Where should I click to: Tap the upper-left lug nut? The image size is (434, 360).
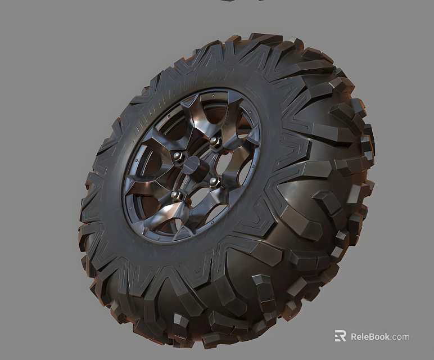pyautogui.click(x=178, y=157)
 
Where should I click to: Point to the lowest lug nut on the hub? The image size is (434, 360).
pyautogui.click(x=176, y=195)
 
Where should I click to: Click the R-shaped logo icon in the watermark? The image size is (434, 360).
pyautogui.click(x=340, y=336)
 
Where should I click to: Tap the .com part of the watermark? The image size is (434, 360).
pyautogui.click(x=401, y=337)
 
